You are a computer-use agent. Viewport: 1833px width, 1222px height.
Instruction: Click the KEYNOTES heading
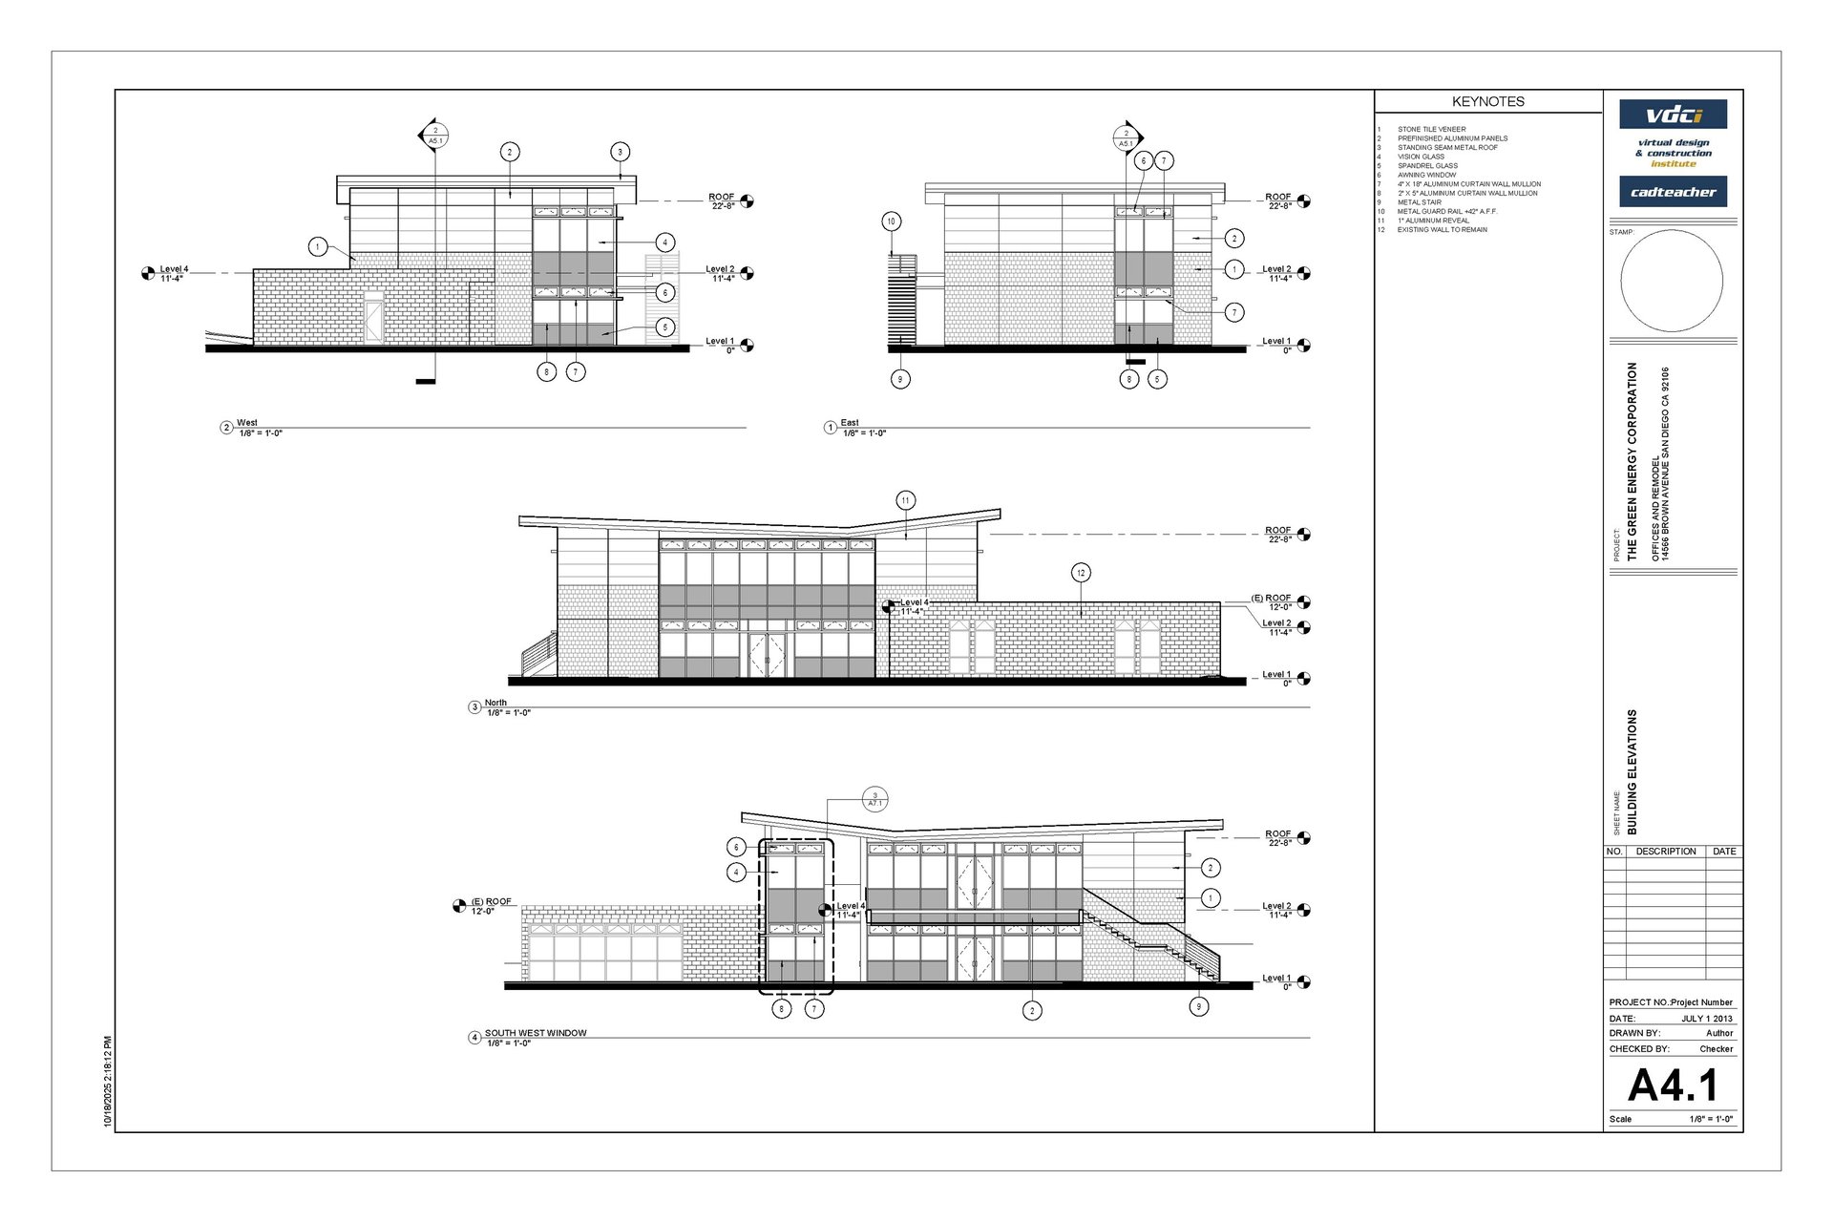pos(1487,101)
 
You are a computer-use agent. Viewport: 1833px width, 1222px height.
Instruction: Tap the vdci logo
pos(1673,116)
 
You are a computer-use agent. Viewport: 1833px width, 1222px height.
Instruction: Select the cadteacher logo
pos(1673,192)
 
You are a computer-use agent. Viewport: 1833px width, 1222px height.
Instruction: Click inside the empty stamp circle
pos(1671,281)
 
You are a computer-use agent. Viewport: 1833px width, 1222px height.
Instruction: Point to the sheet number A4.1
pos(1672,1085)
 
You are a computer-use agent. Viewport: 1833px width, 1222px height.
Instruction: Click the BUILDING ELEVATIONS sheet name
pos(1632,771)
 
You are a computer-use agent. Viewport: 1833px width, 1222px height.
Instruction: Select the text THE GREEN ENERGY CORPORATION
pos(1632,461)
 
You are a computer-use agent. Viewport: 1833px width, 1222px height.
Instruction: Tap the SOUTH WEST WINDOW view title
pos(535,1033)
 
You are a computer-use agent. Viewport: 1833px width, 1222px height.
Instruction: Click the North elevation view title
pos(495,703)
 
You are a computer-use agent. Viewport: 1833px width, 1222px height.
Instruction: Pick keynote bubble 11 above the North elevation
pos(905,500)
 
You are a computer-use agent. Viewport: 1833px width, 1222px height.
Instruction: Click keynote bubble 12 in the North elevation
pos(1081,573)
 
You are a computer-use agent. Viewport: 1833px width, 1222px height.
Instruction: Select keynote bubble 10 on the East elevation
pos(891,221)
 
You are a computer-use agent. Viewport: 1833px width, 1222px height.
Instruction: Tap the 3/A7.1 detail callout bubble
pos(874,799)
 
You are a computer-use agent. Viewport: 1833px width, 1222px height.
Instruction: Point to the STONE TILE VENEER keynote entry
pos(1431,129)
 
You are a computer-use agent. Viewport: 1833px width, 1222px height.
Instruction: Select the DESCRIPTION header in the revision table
pos(1665,852)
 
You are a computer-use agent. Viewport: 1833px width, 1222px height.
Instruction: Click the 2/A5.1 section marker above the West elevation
pos(435,136)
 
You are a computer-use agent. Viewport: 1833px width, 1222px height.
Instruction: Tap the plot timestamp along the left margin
pos(108,1082)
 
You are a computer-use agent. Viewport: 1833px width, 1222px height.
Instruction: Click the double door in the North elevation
pos(767,655)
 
